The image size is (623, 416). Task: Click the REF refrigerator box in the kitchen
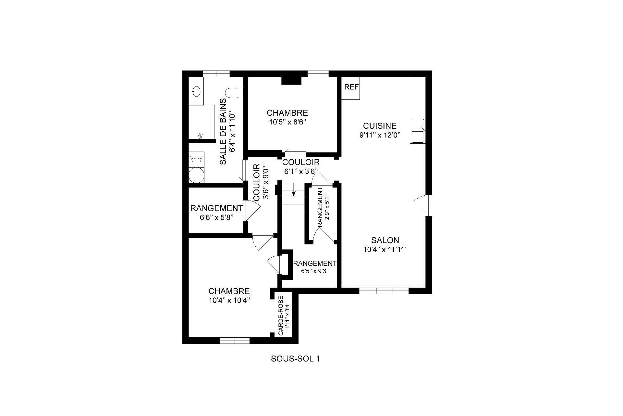(x=351, y=87)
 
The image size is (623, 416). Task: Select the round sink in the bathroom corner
(x=196, y=91)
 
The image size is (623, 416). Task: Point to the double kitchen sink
(x=418, y=131)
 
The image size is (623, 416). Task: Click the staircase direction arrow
(x=294, y=192)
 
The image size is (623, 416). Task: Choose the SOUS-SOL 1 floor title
(x=295, y=359)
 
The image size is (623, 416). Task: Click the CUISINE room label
(x=380, y=126)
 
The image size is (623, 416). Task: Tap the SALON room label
(x=385, y=240)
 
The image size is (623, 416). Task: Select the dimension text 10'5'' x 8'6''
(x=287, y=122)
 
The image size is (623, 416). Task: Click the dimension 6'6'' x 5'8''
(x=216, y=217)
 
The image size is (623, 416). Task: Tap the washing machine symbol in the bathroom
(x=197, y=160)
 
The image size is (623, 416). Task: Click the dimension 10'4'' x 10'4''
(x=229, y=301)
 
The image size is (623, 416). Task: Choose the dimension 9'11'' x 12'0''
(x=380, y=135)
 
